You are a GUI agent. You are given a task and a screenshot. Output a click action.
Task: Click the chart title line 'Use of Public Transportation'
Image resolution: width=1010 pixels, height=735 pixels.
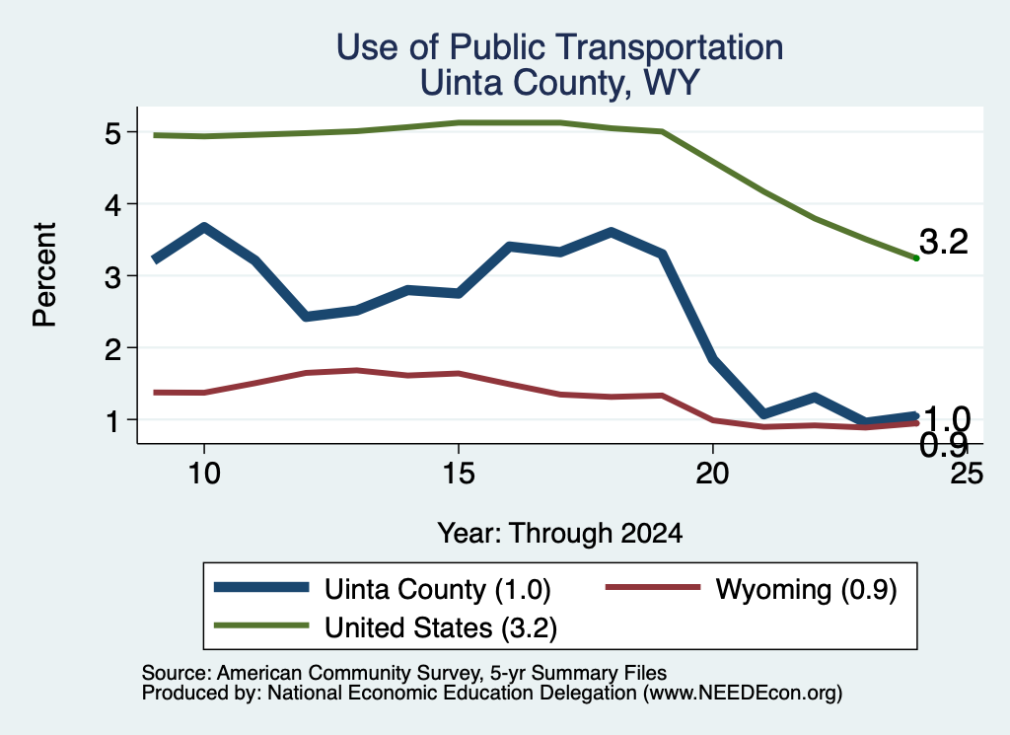pos(560,47)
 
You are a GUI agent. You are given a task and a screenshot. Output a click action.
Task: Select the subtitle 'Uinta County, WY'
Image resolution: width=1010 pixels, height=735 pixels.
pos(560,84)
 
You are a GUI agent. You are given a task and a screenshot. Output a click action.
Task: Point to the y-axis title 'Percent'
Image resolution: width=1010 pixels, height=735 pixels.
pos(44,275)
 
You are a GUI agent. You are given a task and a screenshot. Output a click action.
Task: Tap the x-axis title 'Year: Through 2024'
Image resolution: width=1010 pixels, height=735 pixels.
pos(560,534)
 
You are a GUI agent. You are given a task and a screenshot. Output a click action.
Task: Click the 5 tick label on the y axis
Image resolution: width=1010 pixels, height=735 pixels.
pos(113,134)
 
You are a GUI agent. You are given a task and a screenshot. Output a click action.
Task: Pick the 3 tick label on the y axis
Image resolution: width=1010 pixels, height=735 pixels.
pos(113,277)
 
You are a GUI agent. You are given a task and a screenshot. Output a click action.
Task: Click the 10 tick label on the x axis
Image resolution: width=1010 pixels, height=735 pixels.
pos(204,475)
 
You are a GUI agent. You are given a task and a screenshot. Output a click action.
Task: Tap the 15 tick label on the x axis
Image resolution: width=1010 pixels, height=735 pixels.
pos(459,475)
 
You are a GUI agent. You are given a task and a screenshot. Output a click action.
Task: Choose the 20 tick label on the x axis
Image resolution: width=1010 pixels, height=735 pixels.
pos(712,475)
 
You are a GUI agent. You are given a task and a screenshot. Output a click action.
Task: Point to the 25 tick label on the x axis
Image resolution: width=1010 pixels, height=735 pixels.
pos(967,475)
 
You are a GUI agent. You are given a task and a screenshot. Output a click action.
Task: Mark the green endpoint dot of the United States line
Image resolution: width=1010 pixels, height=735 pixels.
pos(916,258)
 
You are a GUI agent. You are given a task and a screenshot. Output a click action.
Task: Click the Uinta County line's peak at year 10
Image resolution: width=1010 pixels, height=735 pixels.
pos(204,227)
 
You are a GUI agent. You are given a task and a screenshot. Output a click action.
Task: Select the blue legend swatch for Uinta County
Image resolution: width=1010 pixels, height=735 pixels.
pos(261,587)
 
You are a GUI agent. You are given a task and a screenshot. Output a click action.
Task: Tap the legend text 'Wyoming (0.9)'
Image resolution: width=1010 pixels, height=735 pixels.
pos(806,590)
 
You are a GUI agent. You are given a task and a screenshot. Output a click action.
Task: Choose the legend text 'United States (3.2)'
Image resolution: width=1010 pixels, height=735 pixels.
pos(441,628)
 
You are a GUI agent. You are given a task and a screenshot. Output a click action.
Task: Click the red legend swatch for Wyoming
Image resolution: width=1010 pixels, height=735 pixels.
pos(653,587)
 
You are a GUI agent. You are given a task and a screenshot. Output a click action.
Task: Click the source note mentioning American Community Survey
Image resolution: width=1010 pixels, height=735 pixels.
pos(404,673)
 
